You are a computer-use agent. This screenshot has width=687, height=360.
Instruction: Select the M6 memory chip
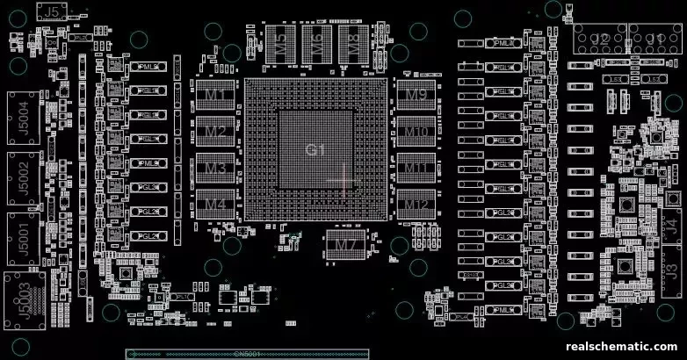pyautogui.click(x=316, y=42)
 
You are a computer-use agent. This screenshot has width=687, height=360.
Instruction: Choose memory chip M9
pyautogui.click(x=416, y=94)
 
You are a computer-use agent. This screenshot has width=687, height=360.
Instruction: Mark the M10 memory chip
pyautogui.click(x=416, y=132)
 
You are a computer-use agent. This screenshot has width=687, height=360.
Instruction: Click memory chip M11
pyautogui.click(x=416, y=168)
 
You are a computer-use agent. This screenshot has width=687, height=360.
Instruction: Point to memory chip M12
pyautogui.click(x=416, y=205)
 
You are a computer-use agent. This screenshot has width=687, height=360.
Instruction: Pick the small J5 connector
pyautogui.click(x=54, y=11)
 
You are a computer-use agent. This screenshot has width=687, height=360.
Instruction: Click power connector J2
pyautogui.click(x=600, y=40)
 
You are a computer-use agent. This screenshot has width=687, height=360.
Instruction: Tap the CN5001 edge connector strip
pyautogui.click(x=247, y=354)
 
